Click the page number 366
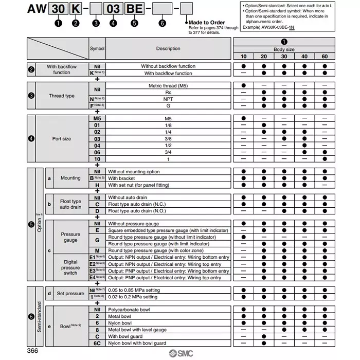click(33, 351)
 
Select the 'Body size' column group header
click(283, 49)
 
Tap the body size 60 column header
click(325, 56)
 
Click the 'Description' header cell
click(168, 48)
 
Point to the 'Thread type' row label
click(62, 96)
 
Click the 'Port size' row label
click(62, 139)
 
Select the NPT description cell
click(168, 99)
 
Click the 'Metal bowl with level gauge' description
click(137, 330)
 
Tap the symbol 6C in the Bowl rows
click(97, 343)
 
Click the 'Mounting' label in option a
click(70, 178)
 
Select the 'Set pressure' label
click(70, 294)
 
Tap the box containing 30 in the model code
click(58, 9)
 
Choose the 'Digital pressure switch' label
click(70, 267)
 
